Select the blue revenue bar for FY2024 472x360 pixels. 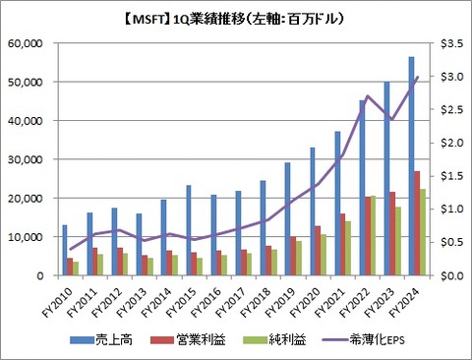point(410,166)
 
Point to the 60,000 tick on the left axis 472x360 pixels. point(37,44)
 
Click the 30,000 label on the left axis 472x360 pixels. point(37,159)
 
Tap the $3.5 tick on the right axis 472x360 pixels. point(446,44)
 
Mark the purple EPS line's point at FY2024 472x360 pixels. point(417,77)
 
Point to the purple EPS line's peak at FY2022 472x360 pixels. point(366,96)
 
